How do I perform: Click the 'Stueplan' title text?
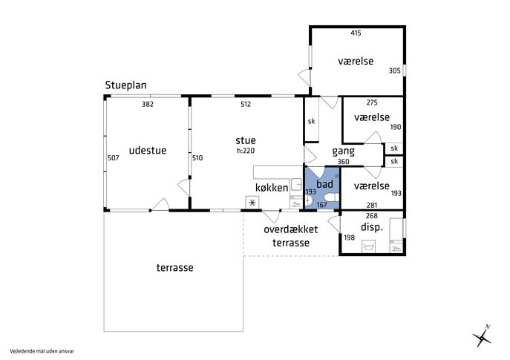pos(125,85)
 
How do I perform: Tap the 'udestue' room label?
pos(148,150)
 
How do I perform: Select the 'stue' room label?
pos(246,140)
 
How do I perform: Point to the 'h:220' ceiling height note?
pos(246,151)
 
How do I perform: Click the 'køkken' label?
pos(272,188)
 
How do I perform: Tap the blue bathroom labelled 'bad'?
pos(322,188)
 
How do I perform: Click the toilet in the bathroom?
pos(332,197)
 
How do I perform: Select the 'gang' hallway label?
pos(343,151)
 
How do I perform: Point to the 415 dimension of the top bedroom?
pos(356,33)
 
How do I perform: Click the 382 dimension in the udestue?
pos(147,104)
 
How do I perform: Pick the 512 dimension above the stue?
pos(246,104)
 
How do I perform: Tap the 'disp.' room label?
pos(372,226)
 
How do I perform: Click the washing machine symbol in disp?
pos(368,246)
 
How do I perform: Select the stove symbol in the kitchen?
pos(252,203)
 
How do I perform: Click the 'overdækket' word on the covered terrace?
pos(290,229)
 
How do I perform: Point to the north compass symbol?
pos(482,336)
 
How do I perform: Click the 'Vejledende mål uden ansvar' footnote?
pos(42,351)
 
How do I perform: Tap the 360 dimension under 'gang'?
pos(343,162)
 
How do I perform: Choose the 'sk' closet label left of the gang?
pos(311,121)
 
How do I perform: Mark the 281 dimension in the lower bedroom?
pos(372,205)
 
